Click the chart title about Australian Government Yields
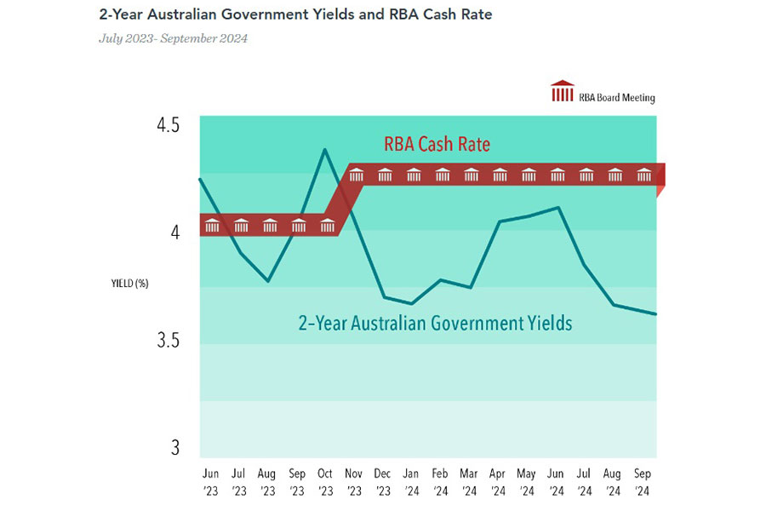[294, 14]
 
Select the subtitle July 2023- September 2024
[173, 38]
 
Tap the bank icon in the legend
[563, 90]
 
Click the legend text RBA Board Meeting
[617, 97]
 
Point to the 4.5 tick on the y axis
[169, 125]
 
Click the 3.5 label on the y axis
[169, 341]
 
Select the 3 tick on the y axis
[174, 448]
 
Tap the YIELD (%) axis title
[129, 284]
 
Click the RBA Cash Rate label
[437, 144]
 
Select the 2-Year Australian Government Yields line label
[435, 324]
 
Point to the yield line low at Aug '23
[269, 280]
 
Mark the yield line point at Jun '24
[557, 207]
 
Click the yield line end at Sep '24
[655, 314]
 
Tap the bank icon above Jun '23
[212, 225]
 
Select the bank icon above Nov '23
[357, 175]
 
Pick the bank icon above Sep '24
[644, 175]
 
